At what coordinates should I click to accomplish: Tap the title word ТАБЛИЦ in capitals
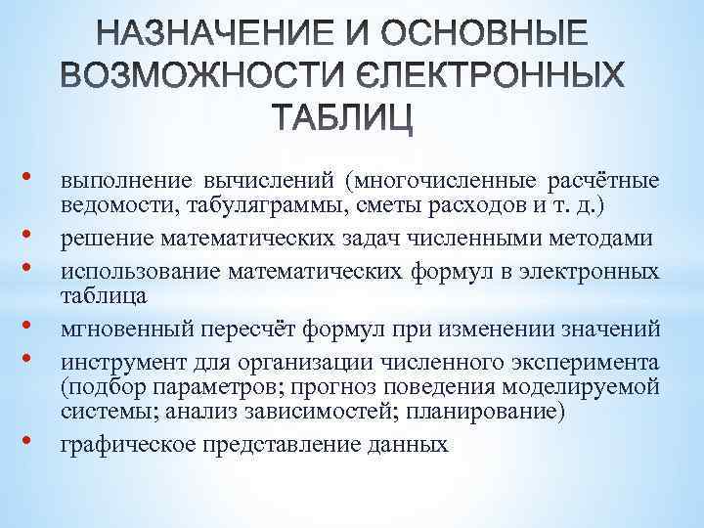355,117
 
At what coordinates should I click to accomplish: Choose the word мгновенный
118,326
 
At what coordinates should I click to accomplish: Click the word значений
616,326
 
